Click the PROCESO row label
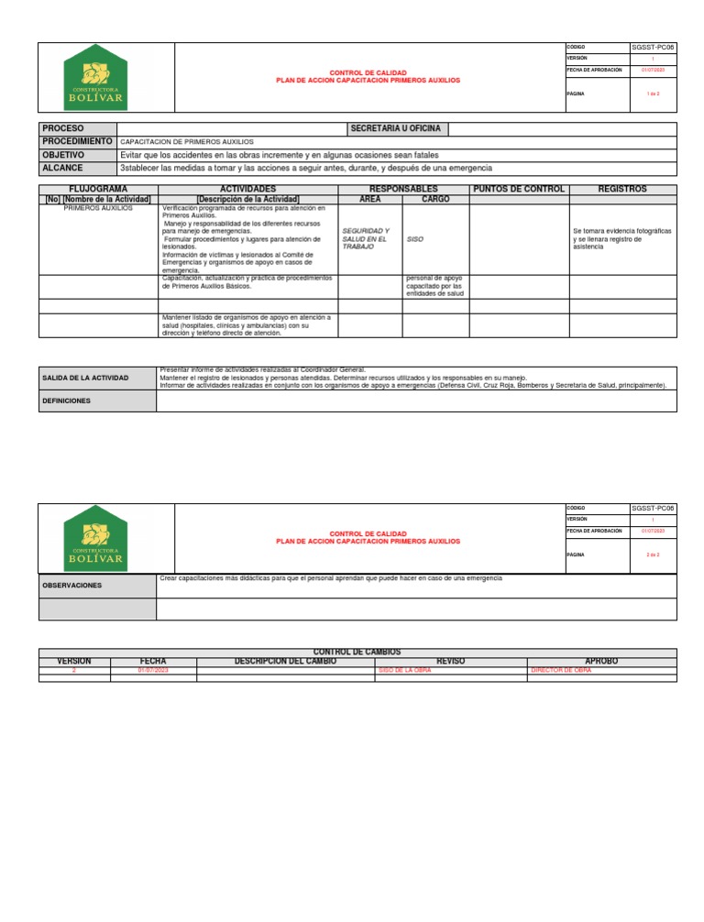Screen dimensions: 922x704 click(62, 129)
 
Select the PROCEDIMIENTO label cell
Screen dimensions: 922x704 click(77, 142)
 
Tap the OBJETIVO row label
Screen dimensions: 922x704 click(64, 155)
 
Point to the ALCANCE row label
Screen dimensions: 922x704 click(62, 168)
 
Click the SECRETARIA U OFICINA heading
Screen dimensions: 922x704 click(396, 129)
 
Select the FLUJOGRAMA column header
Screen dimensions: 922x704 click(98, 189)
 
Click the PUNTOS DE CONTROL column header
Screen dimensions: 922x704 click(518, 189)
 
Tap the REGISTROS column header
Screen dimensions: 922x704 click(622, 189)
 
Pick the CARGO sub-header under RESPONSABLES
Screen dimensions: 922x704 click(435, 199)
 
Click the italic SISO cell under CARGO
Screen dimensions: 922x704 click(415, 238)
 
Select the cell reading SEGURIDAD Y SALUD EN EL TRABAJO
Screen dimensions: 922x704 click(366, 238)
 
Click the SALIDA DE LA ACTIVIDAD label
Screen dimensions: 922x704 click(85, 378)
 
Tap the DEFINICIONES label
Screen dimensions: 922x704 click(67, 401)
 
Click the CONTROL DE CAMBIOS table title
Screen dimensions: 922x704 click(357, 652)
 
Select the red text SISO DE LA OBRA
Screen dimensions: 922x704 click(404, 671)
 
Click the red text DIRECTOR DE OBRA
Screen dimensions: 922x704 click(561, 671)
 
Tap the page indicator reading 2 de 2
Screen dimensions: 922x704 click(653, 554)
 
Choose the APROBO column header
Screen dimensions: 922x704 click(600, 661)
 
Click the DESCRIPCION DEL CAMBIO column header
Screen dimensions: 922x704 click(285, 661)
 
